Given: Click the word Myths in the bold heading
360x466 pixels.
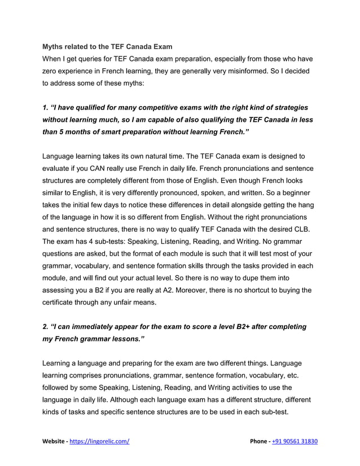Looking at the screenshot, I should click(54, 45).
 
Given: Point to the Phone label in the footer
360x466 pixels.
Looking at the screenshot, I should click(261, 441).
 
